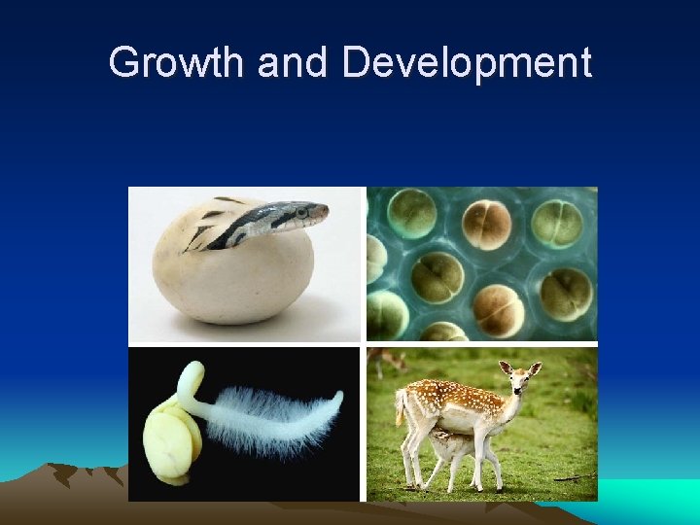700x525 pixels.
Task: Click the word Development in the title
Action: click(468, 63)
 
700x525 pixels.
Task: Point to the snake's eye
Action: click(301, 209)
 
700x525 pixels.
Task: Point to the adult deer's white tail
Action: click(400, 406)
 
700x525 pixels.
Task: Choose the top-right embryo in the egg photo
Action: click(558, 222)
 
